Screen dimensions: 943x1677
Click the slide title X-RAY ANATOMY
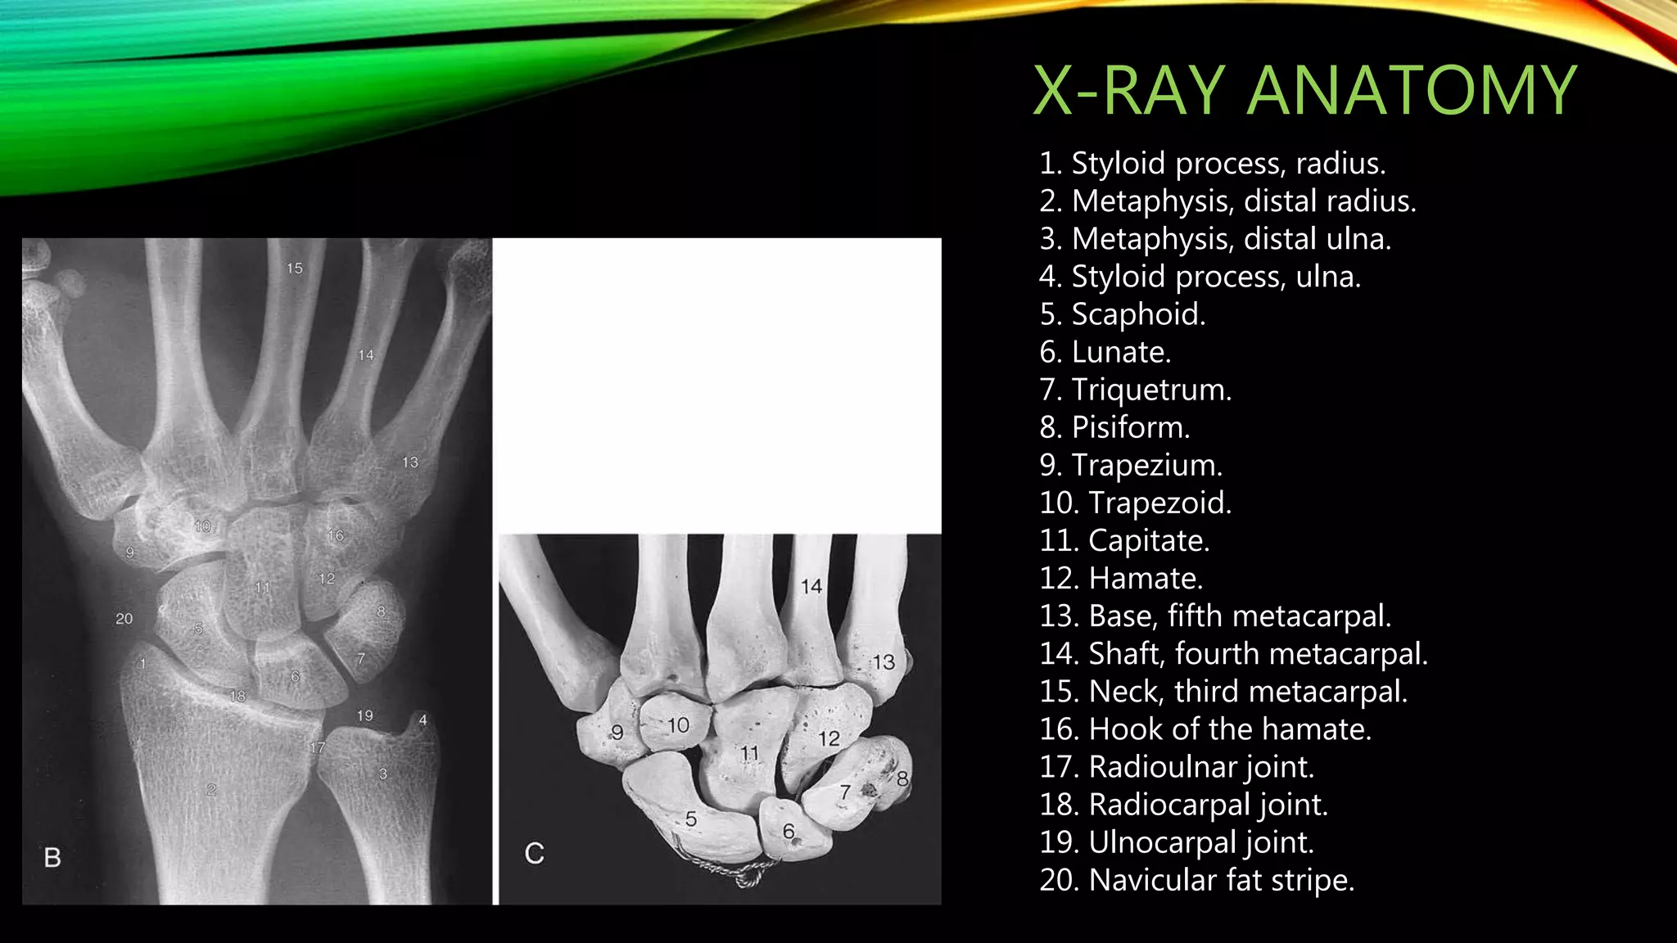[x=1304, y=90]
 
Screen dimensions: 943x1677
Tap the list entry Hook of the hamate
[x=1205, y=729]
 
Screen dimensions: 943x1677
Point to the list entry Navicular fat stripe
[x=1196, y=880]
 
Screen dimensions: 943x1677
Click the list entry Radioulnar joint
[x=1177, y=767]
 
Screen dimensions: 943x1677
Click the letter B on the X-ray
[x=52, y=857]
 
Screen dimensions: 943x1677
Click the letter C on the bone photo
[x=534, y=854]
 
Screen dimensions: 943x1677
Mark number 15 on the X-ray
[x=294, y=268]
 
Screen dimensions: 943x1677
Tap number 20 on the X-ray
[x=124, y=619]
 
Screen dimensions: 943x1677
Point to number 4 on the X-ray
[x=423, y=720]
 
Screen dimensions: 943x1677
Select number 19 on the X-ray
[x=364, y=715]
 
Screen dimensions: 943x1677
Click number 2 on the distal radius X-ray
[x=211, y=790]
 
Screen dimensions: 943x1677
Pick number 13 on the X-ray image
[x=409, y=462]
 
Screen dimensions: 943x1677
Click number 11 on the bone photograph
[x=749, y=753]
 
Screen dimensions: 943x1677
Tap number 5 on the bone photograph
[x=691, y=819]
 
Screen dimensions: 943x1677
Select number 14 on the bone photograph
[x=811, y=586]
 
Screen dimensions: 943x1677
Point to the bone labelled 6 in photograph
[x=788, y=831]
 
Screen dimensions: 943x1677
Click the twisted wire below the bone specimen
[x=737, y=876]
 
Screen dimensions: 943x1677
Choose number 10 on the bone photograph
[x=678, y=725]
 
